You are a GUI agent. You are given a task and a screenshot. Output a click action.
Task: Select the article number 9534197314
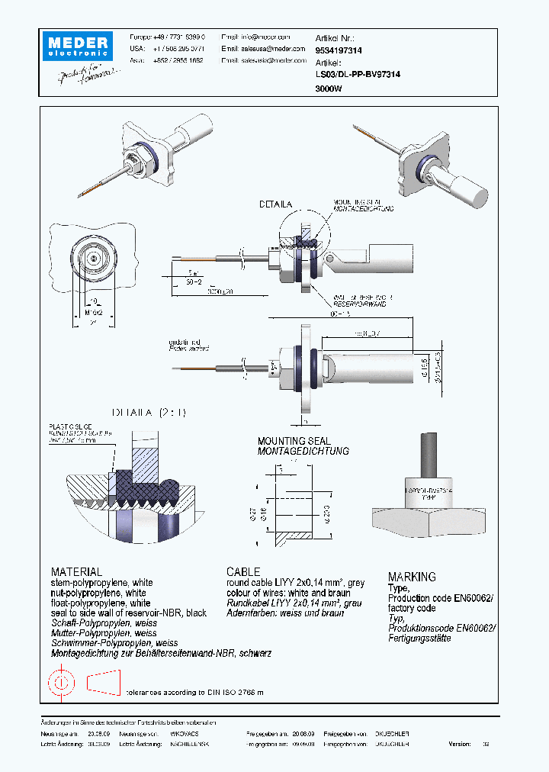pos(339,50)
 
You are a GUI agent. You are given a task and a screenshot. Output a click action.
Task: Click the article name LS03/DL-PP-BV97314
pos(358,75)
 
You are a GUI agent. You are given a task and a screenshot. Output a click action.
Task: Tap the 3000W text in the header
pos(329,88)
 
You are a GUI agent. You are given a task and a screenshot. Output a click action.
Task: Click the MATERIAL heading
pos(76,571)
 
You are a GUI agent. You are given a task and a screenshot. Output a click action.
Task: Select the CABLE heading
pos(243,571)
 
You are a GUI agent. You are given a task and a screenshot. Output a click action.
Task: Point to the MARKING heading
pos(412,577)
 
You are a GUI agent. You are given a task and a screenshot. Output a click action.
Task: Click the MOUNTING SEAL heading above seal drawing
pos(294,441)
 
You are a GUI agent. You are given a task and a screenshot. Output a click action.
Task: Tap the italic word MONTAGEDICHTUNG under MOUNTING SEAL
pos(303,451)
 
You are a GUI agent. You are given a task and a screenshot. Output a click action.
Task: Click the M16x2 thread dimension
pos(92,313)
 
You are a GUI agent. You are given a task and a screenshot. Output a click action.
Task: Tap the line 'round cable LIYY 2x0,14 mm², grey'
pos(295,583)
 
